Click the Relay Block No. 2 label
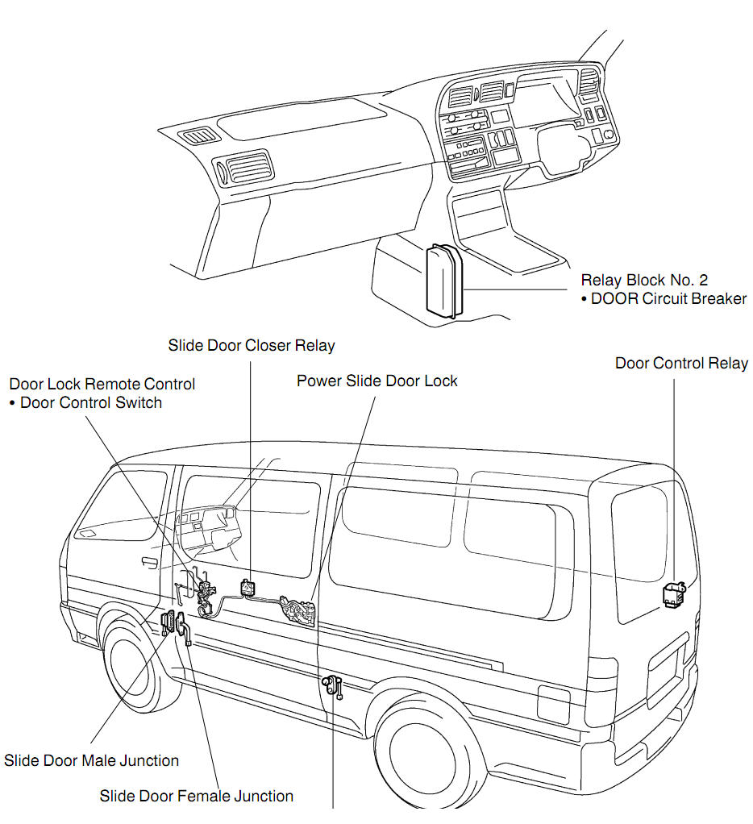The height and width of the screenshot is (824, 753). [x=644, y=281]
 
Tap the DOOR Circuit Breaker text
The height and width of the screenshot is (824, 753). [x=668, y=299]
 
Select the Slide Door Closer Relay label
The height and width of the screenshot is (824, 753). [x=252, y=346]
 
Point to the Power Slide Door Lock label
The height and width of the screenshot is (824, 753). [x=376, y=381]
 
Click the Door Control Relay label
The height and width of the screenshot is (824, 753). [x=681, y=363]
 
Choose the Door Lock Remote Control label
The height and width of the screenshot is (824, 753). [x=102, y=384]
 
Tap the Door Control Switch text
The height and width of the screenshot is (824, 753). [x=90, y=402]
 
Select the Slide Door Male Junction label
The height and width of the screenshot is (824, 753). [x=91, y=760]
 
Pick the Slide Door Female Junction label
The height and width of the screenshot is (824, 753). [x=196, y=796]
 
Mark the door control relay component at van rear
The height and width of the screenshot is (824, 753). [x=673, y=594]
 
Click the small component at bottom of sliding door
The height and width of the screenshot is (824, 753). [x=332, y=686]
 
